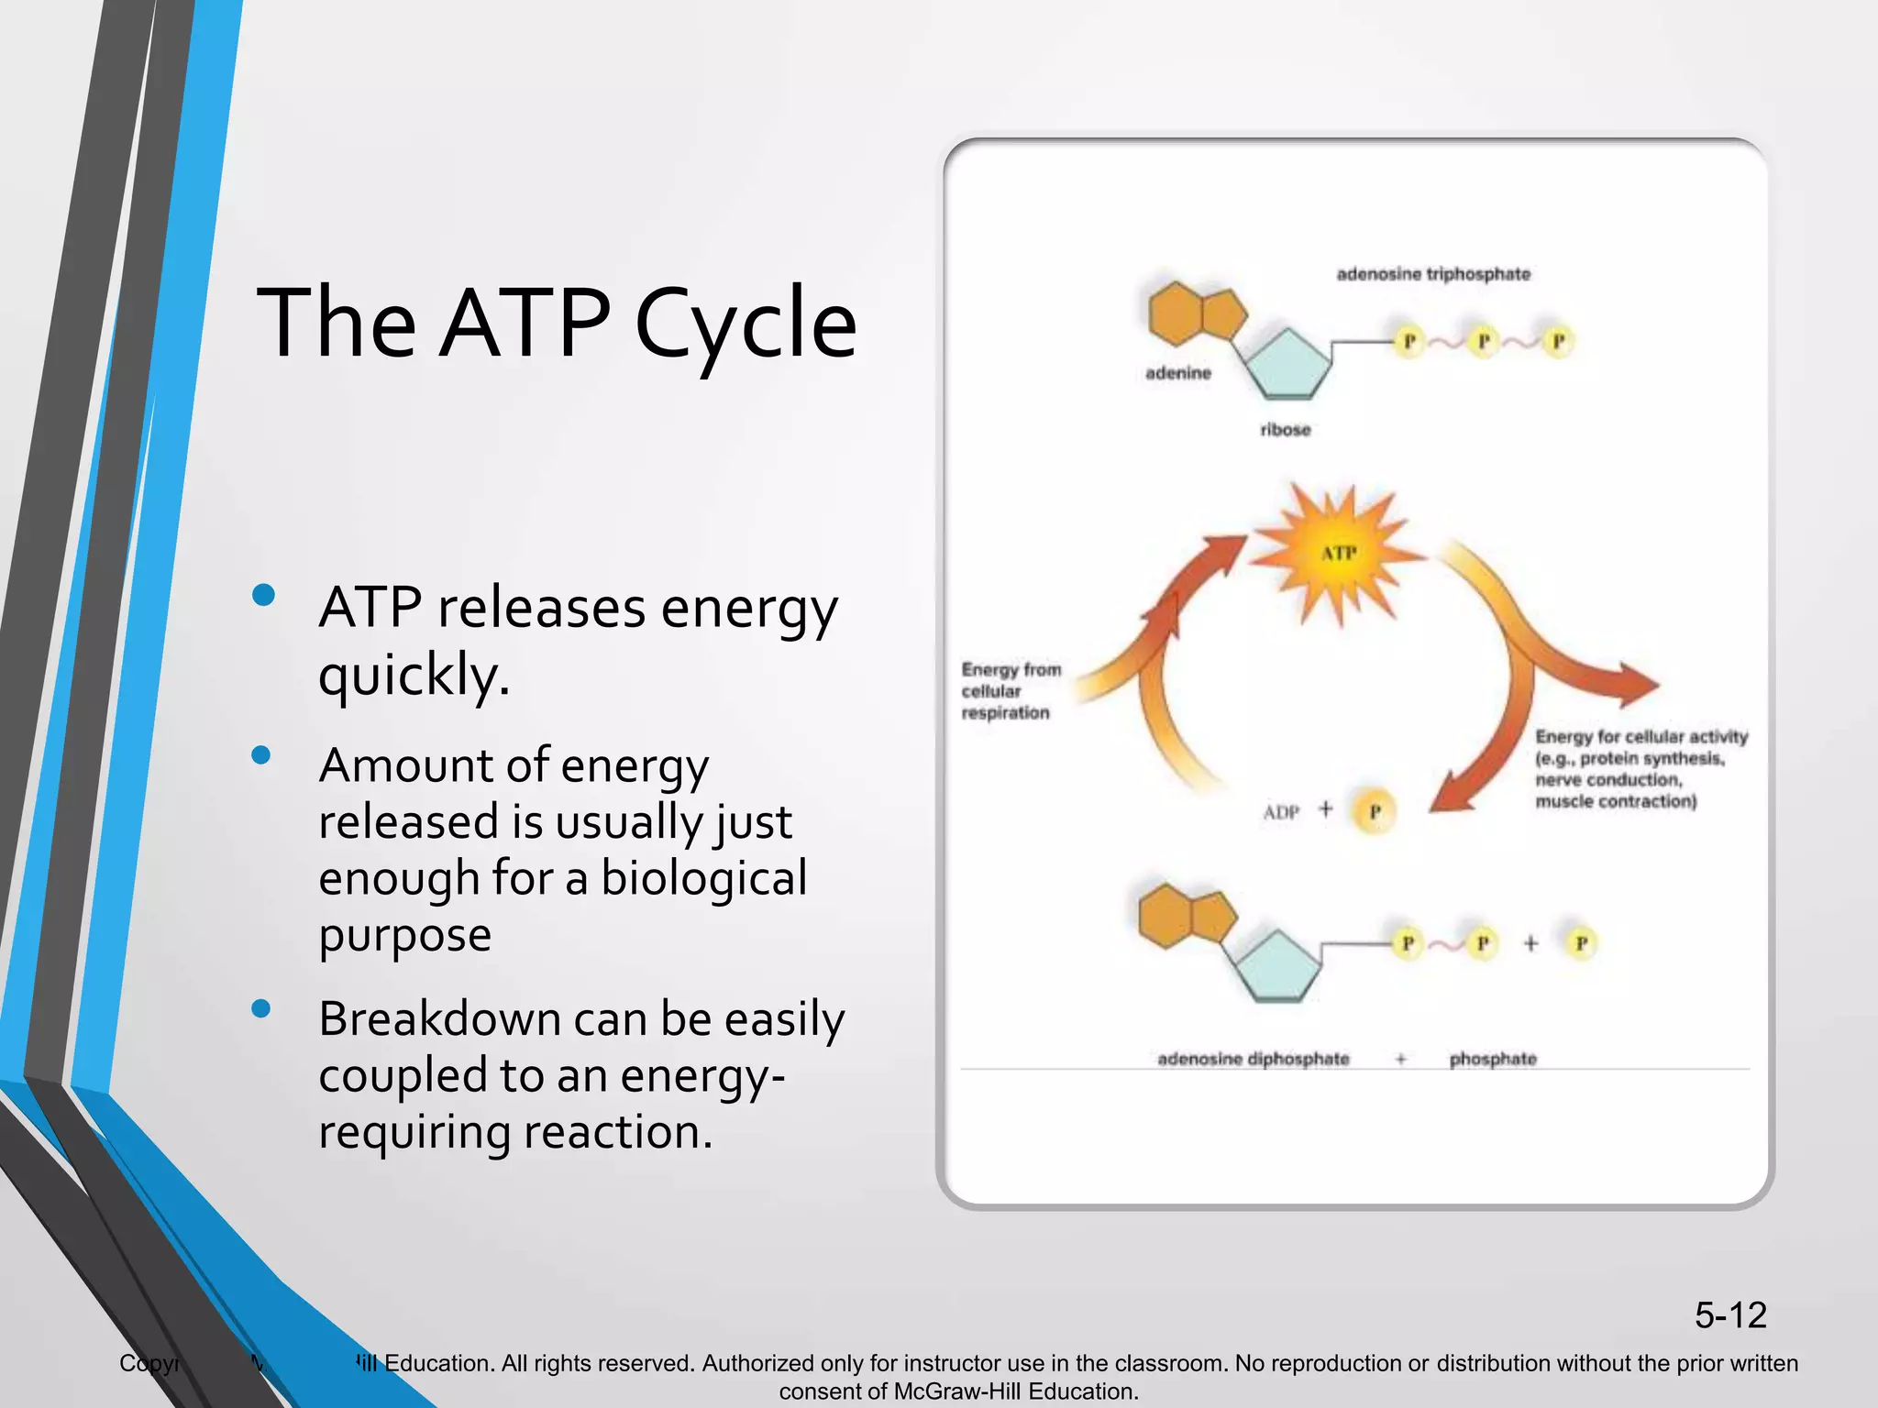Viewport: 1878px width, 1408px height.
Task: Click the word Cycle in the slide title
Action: point(745,323)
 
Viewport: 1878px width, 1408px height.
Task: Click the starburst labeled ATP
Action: point(1338,553)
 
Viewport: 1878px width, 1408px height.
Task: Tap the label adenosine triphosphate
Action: point(1432,274)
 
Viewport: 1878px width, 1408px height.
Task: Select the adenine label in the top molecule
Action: point(1177,373)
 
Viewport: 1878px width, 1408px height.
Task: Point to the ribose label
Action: point(1285,430)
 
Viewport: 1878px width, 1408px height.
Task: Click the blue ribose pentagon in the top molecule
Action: point(1287,364)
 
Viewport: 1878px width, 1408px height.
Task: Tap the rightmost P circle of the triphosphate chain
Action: point(1557,342)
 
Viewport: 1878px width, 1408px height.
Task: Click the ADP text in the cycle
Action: point(1280,812)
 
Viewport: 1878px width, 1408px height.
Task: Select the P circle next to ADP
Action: point(1374,812)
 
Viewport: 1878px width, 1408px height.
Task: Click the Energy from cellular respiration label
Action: point(1011,691)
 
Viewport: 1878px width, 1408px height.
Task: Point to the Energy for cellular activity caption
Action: point(1640,769)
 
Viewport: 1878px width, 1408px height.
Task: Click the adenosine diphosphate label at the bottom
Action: point(1253,1060)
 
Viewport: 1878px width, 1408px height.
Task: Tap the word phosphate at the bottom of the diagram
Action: point(1492,1060)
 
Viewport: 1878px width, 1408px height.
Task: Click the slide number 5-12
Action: point(1729,1315)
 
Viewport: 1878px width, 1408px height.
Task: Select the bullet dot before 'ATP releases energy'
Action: point(263,595)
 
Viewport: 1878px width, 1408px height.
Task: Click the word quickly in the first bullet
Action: point(414,676)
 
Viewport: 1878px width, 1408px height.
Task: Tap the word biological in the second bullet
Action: point(703,878)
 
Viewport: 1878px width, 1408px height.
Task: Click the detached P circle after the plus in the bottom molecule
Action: point(1581,943)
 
